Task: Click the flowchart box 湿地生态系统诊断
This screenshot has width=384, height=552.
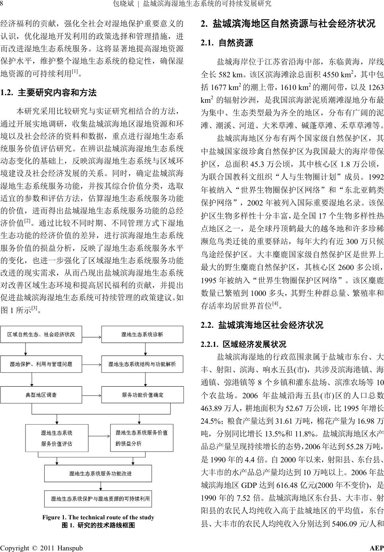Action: click(142, 334)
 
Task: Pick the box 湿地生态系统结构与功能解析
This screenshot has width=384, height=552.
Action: click(142, 364)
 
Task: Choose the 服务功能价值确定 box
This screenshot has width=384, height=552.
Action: click(142, 395)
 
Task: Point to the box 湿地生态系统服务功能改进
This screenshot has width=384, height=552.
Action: click(98, 474)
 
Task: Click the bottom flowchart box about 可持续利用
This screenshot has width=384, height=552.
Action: click(98, 498)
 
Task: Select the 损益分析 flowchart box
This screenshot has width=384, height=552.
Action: click(141, 438)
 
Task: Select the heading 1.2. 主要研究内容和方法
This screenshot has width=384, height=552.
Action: click(49, 93)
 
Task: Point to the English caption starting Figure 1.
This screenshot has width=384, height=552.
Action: click(98, 517)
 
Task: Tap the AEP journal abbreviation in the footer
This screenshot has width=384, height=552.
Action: click(376, 548)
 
